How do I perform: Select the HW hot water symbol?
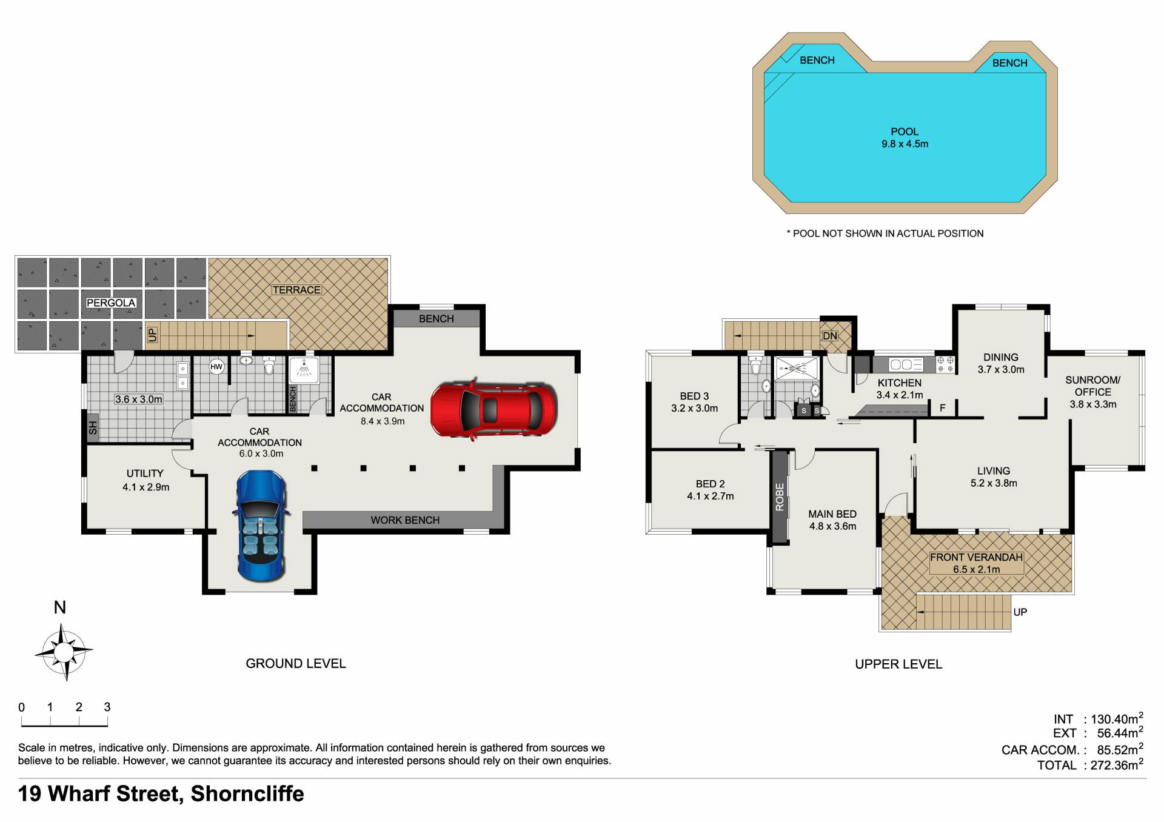216,367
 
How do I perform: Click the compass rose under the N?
63,653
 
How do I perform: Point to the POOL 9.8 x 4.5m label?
905,138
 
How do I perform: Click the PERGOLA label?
111,302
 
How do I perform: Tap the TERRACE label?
296,290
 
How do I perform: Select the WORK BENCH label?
405,520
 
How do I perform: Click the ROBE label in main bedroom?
780,497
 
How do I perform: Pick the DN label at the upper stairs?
829,336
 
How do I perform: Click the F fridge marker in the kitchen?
943,408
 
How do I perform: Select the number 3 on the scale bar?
107,707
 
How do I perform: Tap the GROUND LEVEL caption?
296,664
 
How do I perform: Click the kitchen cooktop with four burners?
945,364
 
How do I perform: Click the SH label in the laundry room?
93,428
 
